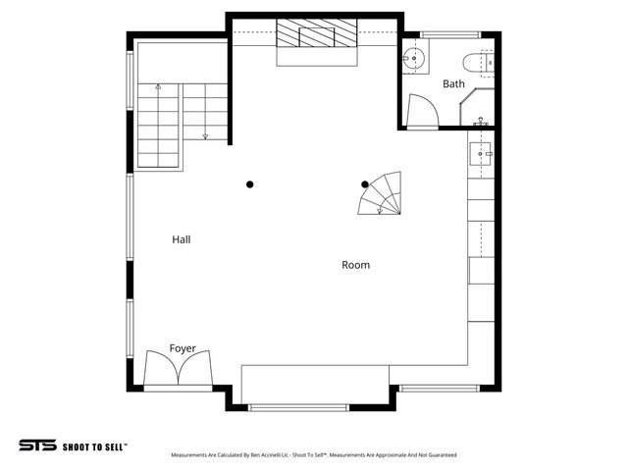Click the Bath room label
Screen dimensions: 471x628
tap(453, 84)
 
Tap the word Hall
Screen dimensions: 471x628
tap(182, 239)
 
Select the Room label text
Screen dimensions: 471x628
tap(355, 265)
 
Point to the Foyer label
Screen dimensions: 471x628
tap(183, 348)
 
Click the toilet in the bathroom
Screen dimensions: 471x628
tap(482, 62)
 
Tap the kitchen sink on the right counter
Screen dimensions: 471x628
tap(481, 153)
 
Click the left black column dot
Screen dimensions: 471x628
tap(250, 184)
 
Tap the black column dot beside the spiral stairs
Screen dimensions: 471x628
tap(365, 184)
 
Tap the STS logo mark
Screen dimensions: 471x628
tap(37, 445)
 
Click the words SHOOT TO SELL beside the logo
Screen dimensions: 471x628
tap(95, 445)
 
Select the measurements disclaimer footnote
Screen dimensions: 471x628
tap(314, 455)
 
